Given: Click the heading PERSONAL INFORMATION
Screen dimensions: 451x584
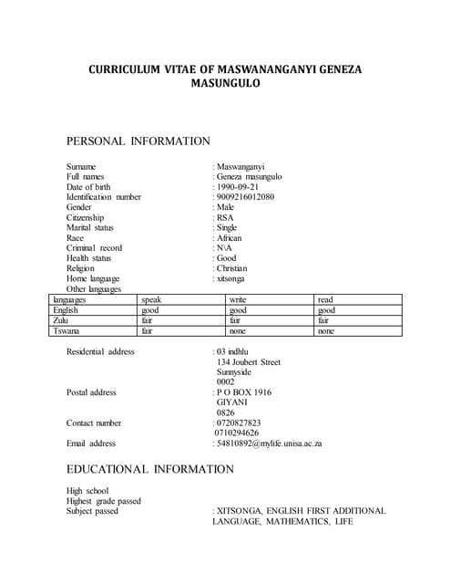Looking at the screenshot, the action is pos(138,141).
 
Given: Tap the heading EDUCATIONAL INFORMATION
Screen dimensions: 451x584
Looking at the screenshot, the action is pos(150,469).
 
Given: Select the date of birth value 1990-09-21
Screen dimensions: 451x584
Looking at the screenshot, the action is pos(237,187).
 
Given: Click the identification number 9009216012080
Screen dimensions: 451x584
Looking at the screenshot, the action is pos(245,197).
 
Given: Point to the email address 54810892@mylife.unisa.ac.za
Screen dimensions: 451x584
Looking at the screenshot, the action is pos(270,444).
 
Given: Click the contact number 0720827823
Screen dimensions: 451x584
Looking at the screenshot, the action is pos(239,423).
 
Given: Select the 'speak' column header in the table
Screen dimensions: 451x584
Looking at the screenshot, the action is pos(151,300).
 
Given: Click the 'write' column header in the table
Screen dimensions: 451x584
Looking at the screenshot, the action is pos(238,300).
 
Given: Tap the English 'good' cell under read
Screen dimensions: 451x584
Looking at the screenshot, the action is pos(326,310).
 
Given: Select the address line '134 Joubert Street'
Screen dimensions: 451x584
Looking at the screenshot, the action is pos(249,362).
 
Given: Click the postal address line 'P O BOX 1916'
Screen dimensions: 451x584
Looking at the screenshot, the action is pos(243,392).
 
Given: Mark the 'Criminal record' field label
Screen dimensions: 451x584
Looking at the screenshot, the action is pos(94,248).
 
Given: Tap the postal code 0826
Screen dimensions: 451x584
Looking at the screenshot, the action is pos(226,412).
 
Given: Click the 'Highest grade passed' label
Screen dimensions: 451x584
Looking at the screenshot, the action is pos(104,501).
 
